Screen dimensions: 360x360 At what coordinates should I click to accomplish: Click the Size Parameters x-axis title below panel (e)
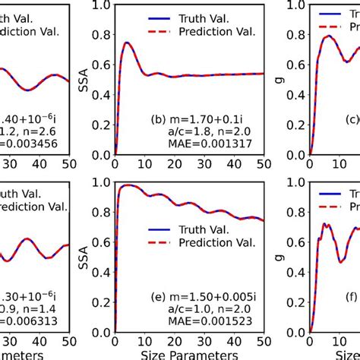[x=189, y=353]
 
